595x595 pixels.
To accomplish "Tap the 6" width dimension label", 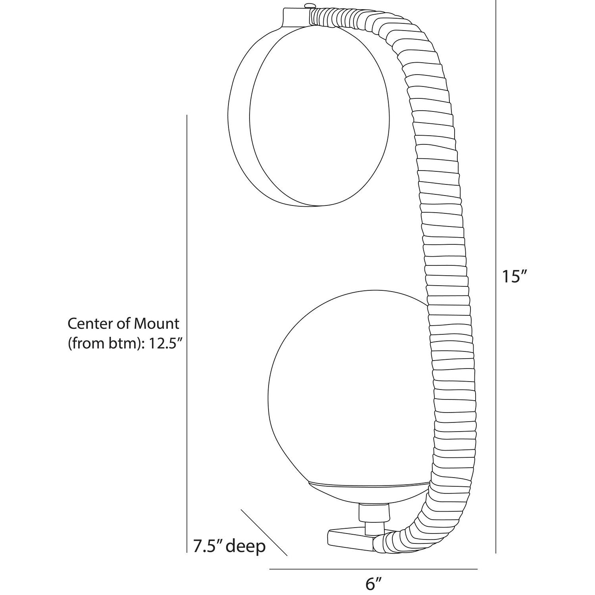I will (x=373, y=583).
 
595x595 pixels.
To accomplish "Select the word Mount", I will (x=157, y=324).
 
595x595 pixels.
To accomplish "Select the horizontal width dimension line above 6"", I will (x=373, y=569).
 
